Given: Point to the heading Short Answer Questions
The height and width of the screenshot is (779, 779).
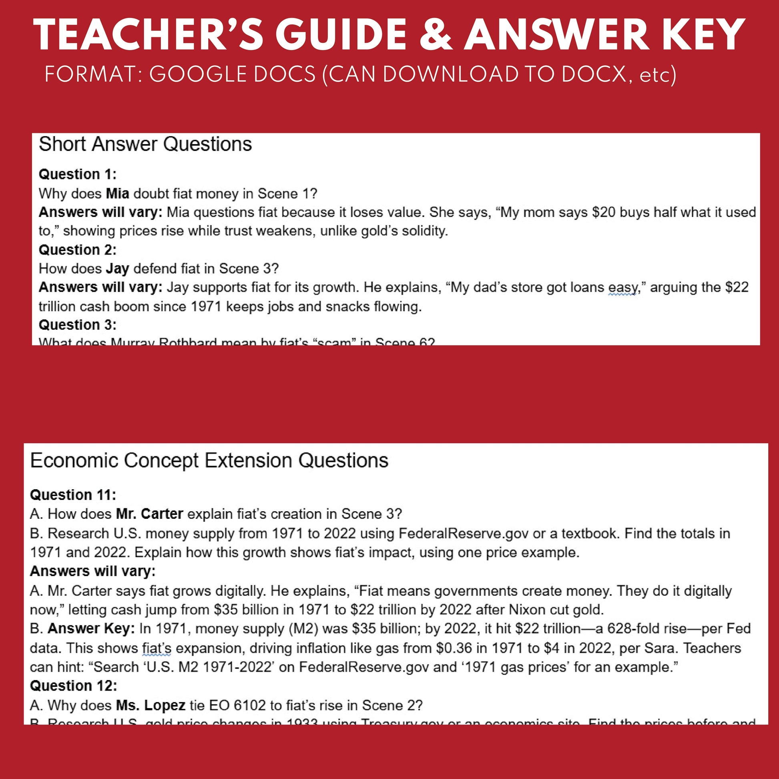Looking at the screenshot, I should pyautogui.click(x=145, y=145).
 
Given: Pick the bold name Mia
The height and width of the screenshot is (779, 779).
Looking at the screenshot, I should pyautogui.click(x=117, y=193).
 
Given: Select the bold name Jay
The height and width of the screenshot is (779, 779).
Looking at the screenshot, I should pyautogui.click(x=117, y=269).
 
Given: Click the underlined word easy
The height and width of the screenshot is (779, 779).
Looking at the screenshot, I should pyautogui.click(x=622, y=287).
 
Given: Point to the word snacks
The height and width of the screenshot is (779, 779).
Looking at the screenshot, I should pyautogui.click(x=347, y=307).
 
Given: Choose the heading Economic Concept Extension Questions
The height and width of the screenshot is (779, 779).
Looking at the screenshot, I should pyautogui.click(x=209, y=460).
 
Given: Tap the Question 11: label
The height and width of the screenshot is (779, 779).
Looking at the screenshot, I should pyautogui.click(x=73, y=495).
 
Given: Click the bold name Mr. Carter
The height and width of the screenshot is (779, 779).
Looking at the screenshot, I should pyautogui.click(x=150, y=514).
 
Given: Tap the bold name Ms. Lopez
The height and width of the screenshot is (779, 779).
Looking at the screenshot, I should pyautogui.click(x=151, y=705).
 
